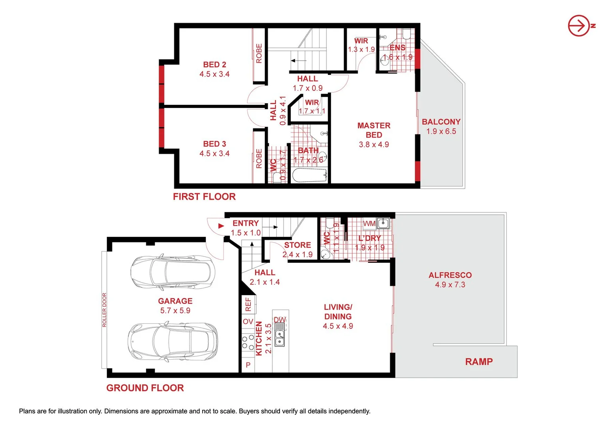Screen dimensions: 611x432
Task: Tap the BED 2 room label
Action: (215, 65)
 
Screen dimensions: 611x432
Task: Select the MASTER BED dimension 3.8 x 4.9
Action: (374, 144)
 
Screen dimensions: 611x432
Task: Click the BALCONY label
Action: (441, 122)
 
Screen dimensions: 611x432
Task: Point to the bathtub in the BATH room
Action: (309, 175)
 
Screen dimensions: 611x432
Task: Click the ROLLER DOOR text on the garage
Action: (104, 310)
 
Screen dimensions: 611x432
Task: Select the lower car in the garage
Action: (173, 342)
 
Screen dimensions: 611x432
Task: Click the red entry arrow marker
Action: (221, 226)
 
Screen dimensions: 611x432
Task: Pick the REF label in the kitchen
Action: (248, 304)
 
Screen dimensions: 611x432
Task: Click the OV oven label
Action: (248, 322)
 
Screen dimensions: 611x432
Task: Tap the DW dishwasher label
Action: (280, 320)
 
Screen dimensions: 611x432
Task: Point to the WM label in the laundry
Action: (369, 224)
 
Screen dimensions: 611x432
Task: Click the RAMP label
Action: (479, 362)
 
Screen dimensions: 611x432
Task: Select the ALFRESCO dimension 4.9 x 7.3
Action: (450, 285)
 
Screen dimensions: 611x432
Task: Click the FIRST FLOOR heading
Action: (204, 197)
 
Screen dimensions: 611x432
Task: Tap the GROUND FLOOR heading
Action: (145, 388)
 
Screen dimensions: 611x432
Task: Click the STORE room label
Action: (298, 245)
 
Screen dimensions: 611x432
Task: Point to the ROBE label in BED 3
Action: (259, 158)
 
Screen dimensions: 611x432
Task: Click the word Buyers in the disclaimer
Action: (248, 411)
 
